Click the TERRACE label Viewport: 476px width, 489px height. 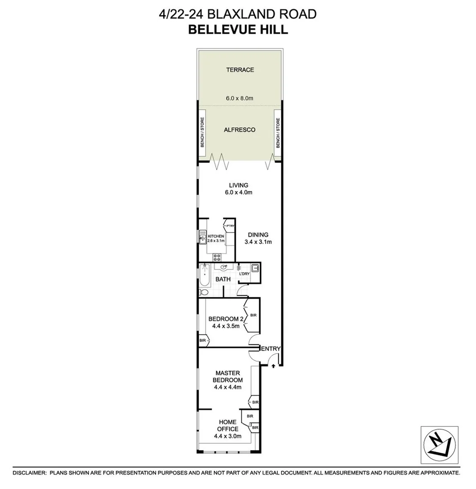coord(240,70)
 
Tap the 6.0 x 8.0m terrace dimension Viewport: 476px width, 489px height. coord(239,97)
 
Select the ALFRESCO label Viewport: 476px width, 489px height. coord(239,130)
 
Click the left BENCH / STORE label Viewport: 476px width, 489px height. coord(203,132)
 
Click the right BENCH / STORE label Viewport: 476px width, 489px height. coord(277,132)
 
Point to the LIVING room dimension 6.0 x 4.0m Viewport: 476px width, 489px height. coord(239,192)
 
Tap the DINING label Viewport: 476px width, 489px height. coord(258,235)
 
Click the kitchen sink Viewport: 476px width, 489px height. coord(202,236)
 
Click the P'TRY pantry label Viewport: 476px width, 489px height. coord(230,225)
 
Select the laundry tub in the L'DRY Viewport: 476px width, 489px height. coord(255,268)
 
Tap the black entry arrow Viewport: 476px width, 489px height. coord(273,365)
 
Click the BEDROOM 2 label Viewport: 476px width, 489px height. coord(226,319)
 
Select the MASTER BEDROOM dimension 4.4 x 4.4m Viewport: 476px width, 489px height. coord(228,387)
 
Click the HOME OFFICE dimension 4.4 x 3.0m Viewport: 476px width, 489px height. coord(228,436)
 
